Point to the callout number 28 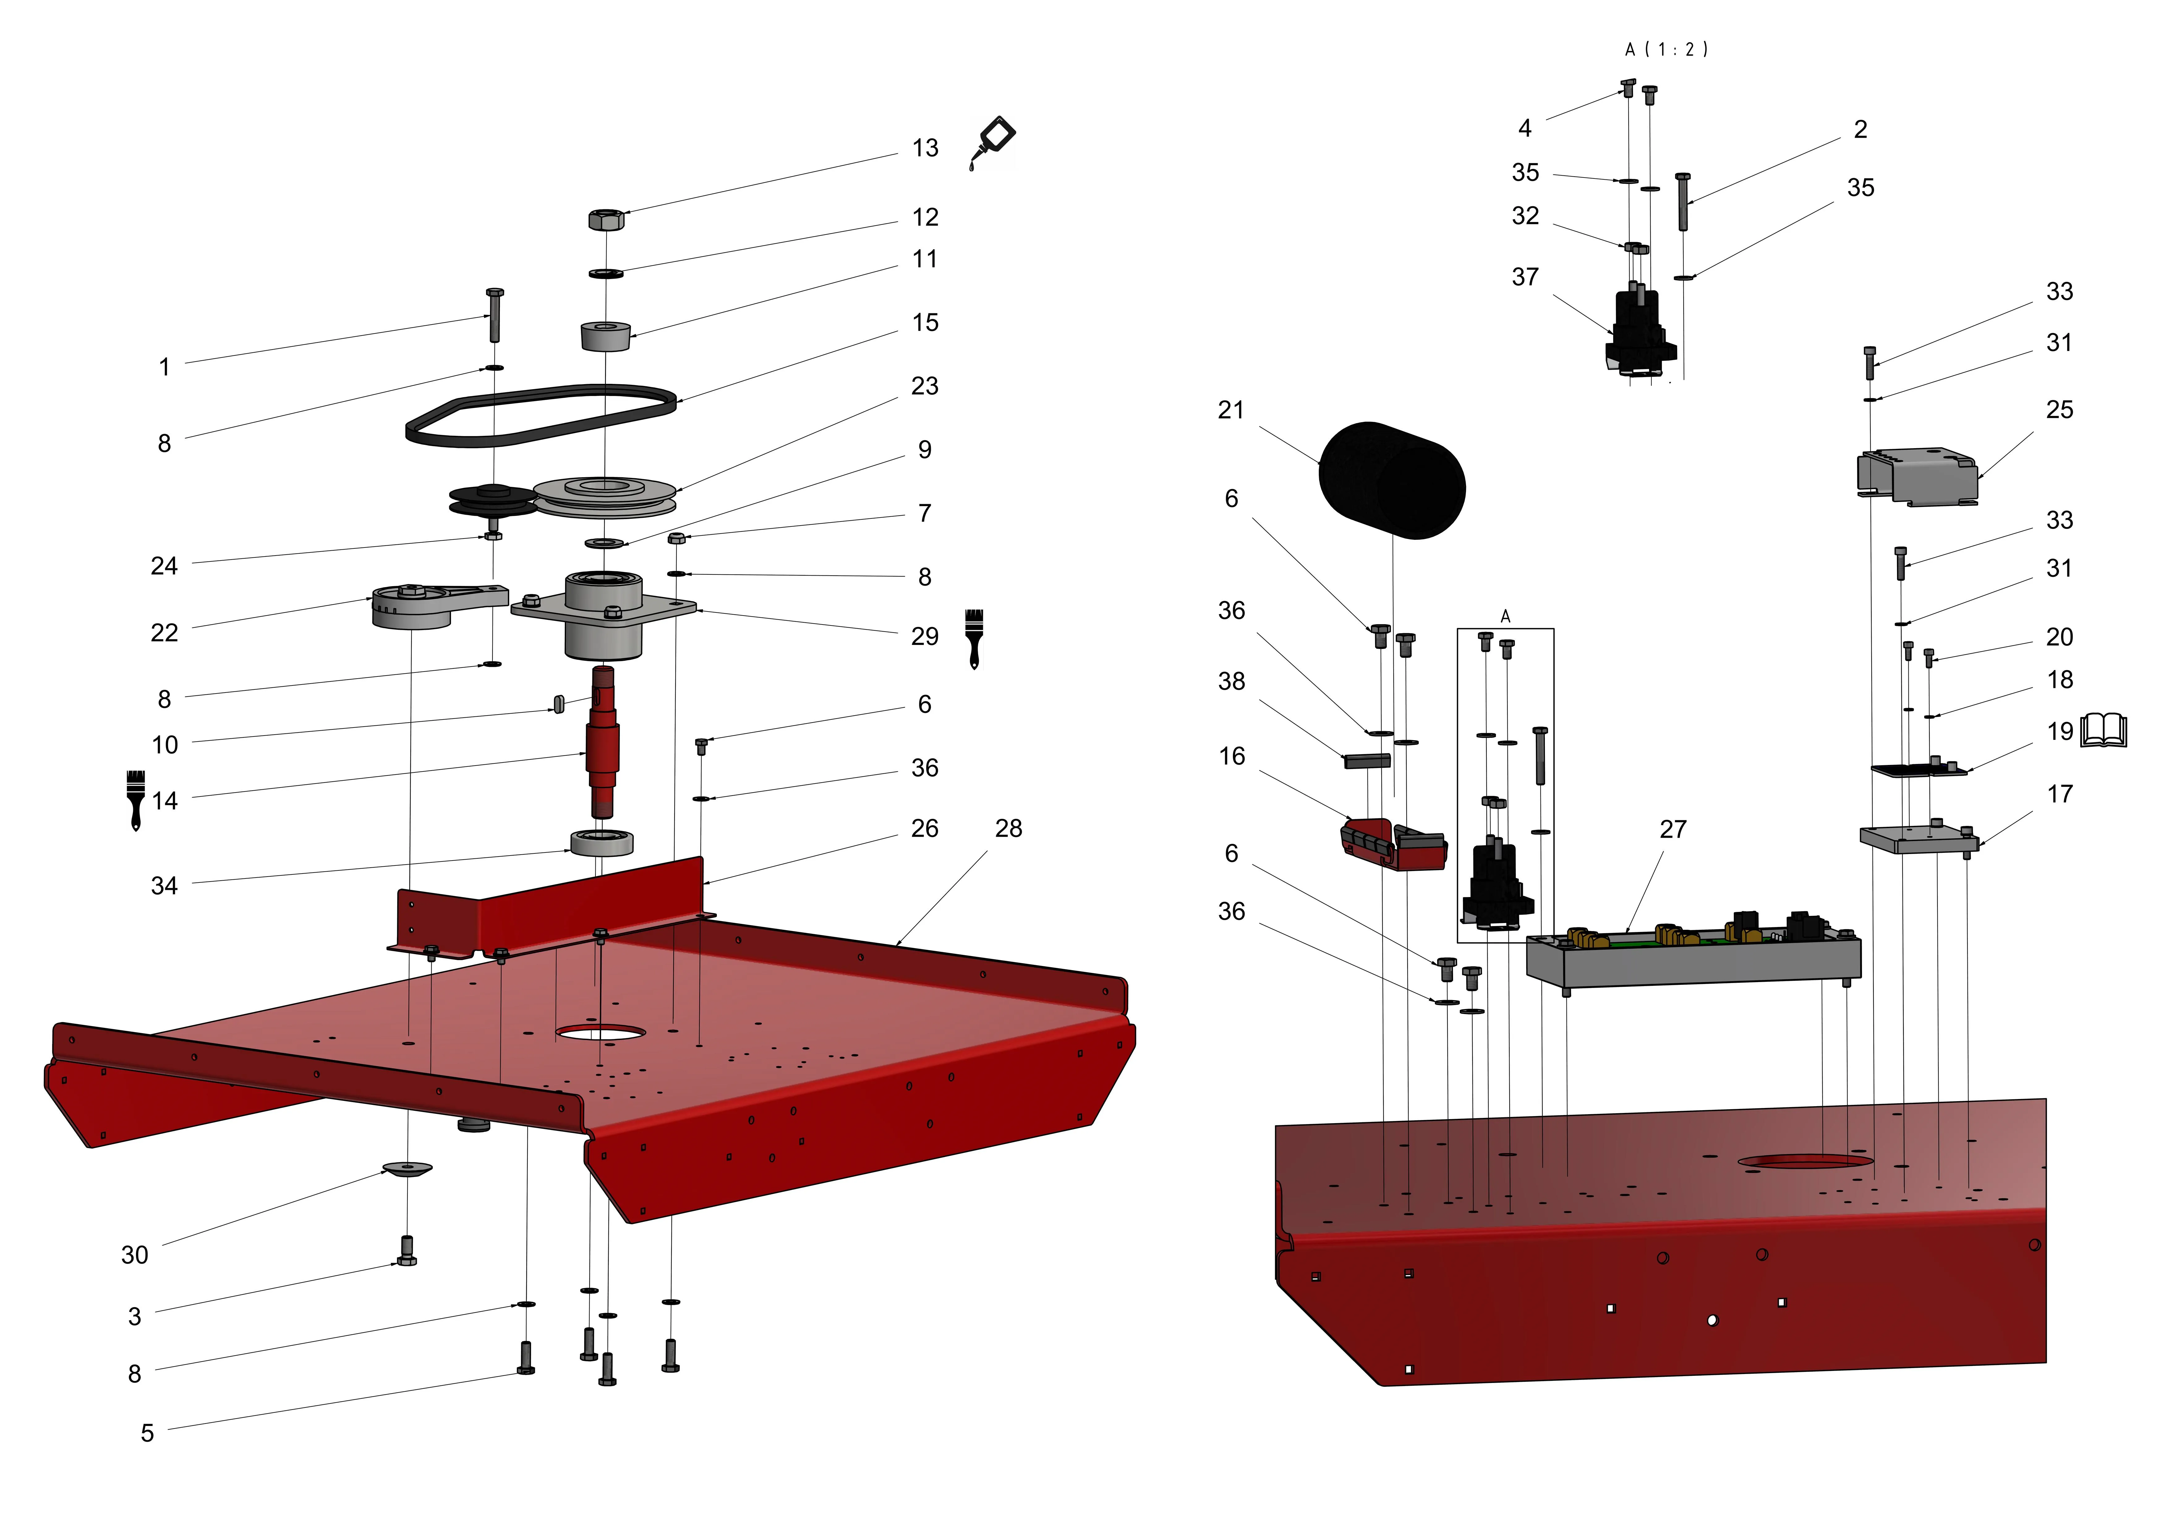1008,829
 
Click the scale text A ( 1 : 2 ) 1666,49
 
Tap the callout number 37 1525,277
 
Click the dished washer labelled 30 407,1169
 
